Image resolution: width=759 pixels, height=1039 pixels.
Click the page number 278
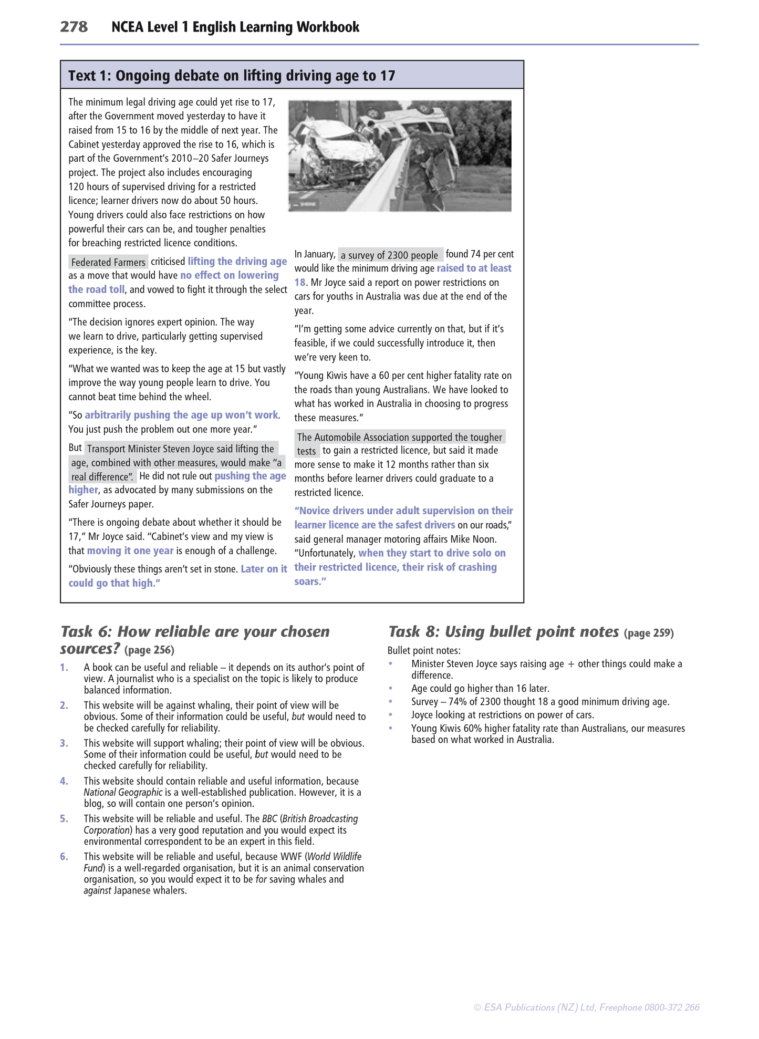point(74,27)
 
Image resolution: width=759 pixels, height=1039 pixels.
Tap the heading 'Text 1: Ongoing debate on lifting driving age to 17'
point(231,76)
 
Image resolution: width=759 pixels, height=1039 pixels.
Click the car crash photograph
point(400,156)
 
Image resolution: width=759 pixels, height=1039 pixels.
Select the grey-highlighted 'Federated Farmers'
point(108,262)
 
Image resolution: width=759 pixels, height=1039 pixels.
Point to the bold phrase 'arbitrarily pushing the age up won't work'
point(181,415)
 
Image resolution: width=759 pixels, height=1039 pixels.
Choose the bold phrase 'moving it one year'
point(130,550)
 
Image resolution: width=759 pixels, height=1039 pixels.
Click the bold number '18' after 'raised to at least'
point(299,283)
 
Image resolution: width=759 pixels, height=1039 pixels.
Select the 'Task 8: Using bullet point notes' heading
point(503,631)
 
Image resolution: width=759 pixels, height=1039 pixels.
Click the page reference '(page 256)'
point(149,650)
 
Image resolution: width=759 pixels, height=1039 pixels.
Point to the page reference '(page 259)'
point(649,633)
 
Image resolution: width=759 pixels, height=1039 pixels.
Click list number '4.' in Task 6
point(64,781)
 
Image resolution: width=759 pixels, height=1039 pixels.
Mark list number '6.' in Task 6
point(64,857)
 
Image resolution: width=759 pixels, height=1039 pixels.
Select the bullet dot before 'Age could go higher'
point(390,688)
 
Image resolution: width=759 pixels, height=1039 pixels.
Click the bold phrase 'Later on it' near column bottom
point(264,569)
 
